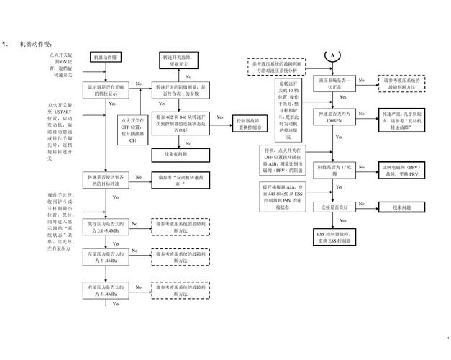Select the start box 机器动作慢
click(107, 56)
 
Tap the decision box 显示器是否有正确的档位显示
click(106, 90)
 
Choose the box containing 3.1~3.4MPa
click(106, 227)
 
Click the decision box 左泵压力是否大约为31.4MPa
click(106, 258)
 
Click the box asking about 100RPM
click(334, 118)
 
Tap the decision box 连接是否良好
click(334, 207)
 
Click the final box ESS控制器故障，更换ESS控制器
click(333, 238)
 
